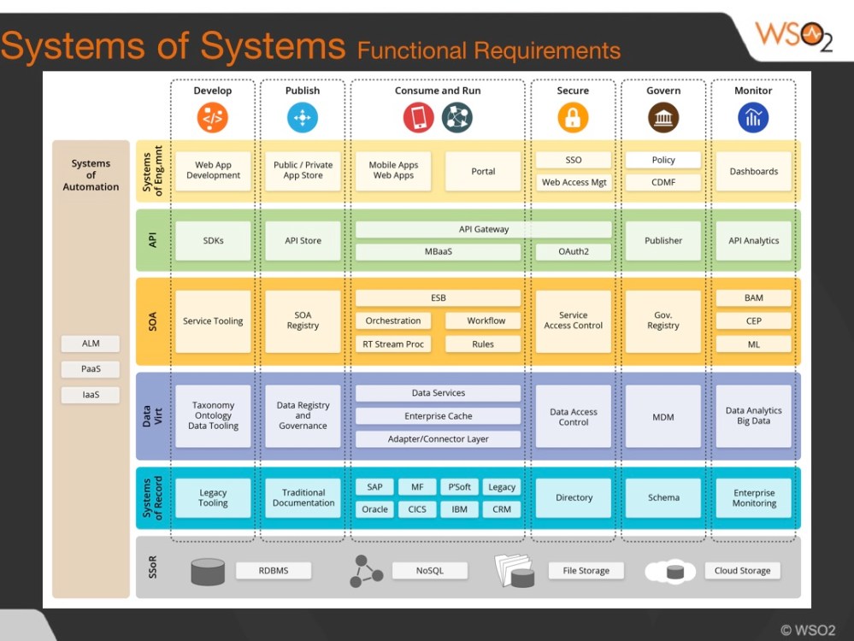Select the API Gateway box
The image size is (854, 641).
point(483,229)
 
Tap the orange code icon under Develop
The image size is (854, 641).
point(212,118)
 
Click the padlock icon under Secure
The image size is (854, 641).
point(573,118)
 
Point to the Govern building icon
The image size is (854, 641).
point(663,118)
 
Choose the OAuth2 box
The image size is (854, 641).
point(573,252)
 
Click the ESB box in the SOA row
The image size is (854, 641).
point(438,298)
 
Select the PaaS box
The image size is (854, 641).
point(91,370)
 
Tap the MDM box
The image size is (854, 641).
point(663,417)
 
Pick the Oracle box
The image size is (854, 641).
point(374,509)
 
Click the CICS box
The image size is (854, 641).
point(417,509)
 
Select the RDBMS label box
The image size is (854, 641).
point(274,571)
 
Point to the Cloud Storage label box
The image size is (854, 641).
point(742,571)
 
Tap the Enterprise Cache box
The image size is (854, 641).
point(438,416)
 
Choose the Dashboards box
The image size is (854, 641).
point(753,172)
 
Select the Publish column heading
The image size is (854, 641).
point(303,91)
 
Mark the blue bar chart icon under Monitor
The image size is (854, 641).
point(753,118)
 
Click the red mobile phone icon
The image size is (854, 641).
point(419,118)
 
